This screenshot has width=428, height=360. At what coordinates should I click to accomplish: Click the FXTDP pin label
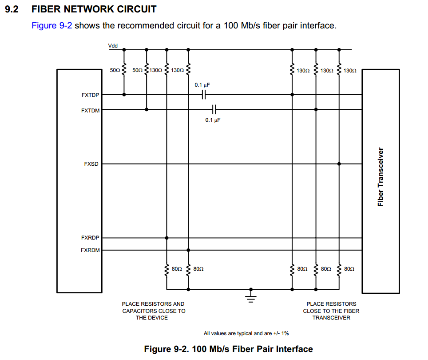tap(91, 95)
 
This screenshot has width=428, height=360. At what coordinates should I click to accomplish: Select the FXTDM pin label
tap(91, 111)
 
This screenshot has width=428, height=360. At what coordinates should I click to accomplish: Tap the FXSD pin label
tap(91, 164)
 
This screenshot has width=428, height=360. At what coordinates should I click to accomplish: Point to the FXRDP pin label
tap(91, 238)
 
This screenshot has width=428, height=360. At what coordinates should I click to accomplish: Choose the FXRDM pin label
tap(91, 250)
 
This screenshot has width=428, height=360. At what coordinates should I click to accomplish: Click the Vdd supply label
tap(113, 46)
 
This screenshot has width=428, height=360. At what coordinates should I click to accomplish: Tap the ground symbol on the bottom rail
tap(251, 294)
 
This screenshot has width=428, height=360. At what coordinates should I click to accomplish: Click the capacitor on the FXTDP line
tap(204, 95)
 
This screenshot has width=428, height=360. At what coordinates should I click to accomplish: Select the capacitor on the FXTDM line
tap(214, 109)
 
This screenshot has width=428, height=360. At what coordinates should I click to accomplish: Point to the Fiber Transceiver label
tap(380, 177)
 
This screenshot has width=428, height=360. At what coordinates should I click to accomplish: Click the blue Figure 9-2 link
tap(52, 25)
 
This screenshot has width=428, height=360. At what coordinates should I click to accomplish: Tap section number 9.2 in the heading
tap(11, 9)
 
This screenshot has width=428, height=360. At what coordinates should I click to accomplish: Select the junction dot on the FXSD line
tap(339, 164)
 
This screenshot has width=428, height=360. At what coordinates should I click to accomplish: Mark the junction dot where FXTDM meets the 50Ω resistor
tap(147, 109)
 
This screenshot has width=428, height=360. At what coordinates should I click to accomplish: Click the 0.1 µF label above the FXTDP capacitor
tap(202, 84)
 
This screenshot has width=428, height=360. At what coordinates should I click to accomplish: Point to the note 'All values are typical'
tap(246, 333)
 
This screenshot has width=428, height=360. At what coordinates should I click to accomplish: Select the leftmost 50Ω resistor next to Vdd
tap(124, 70)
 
